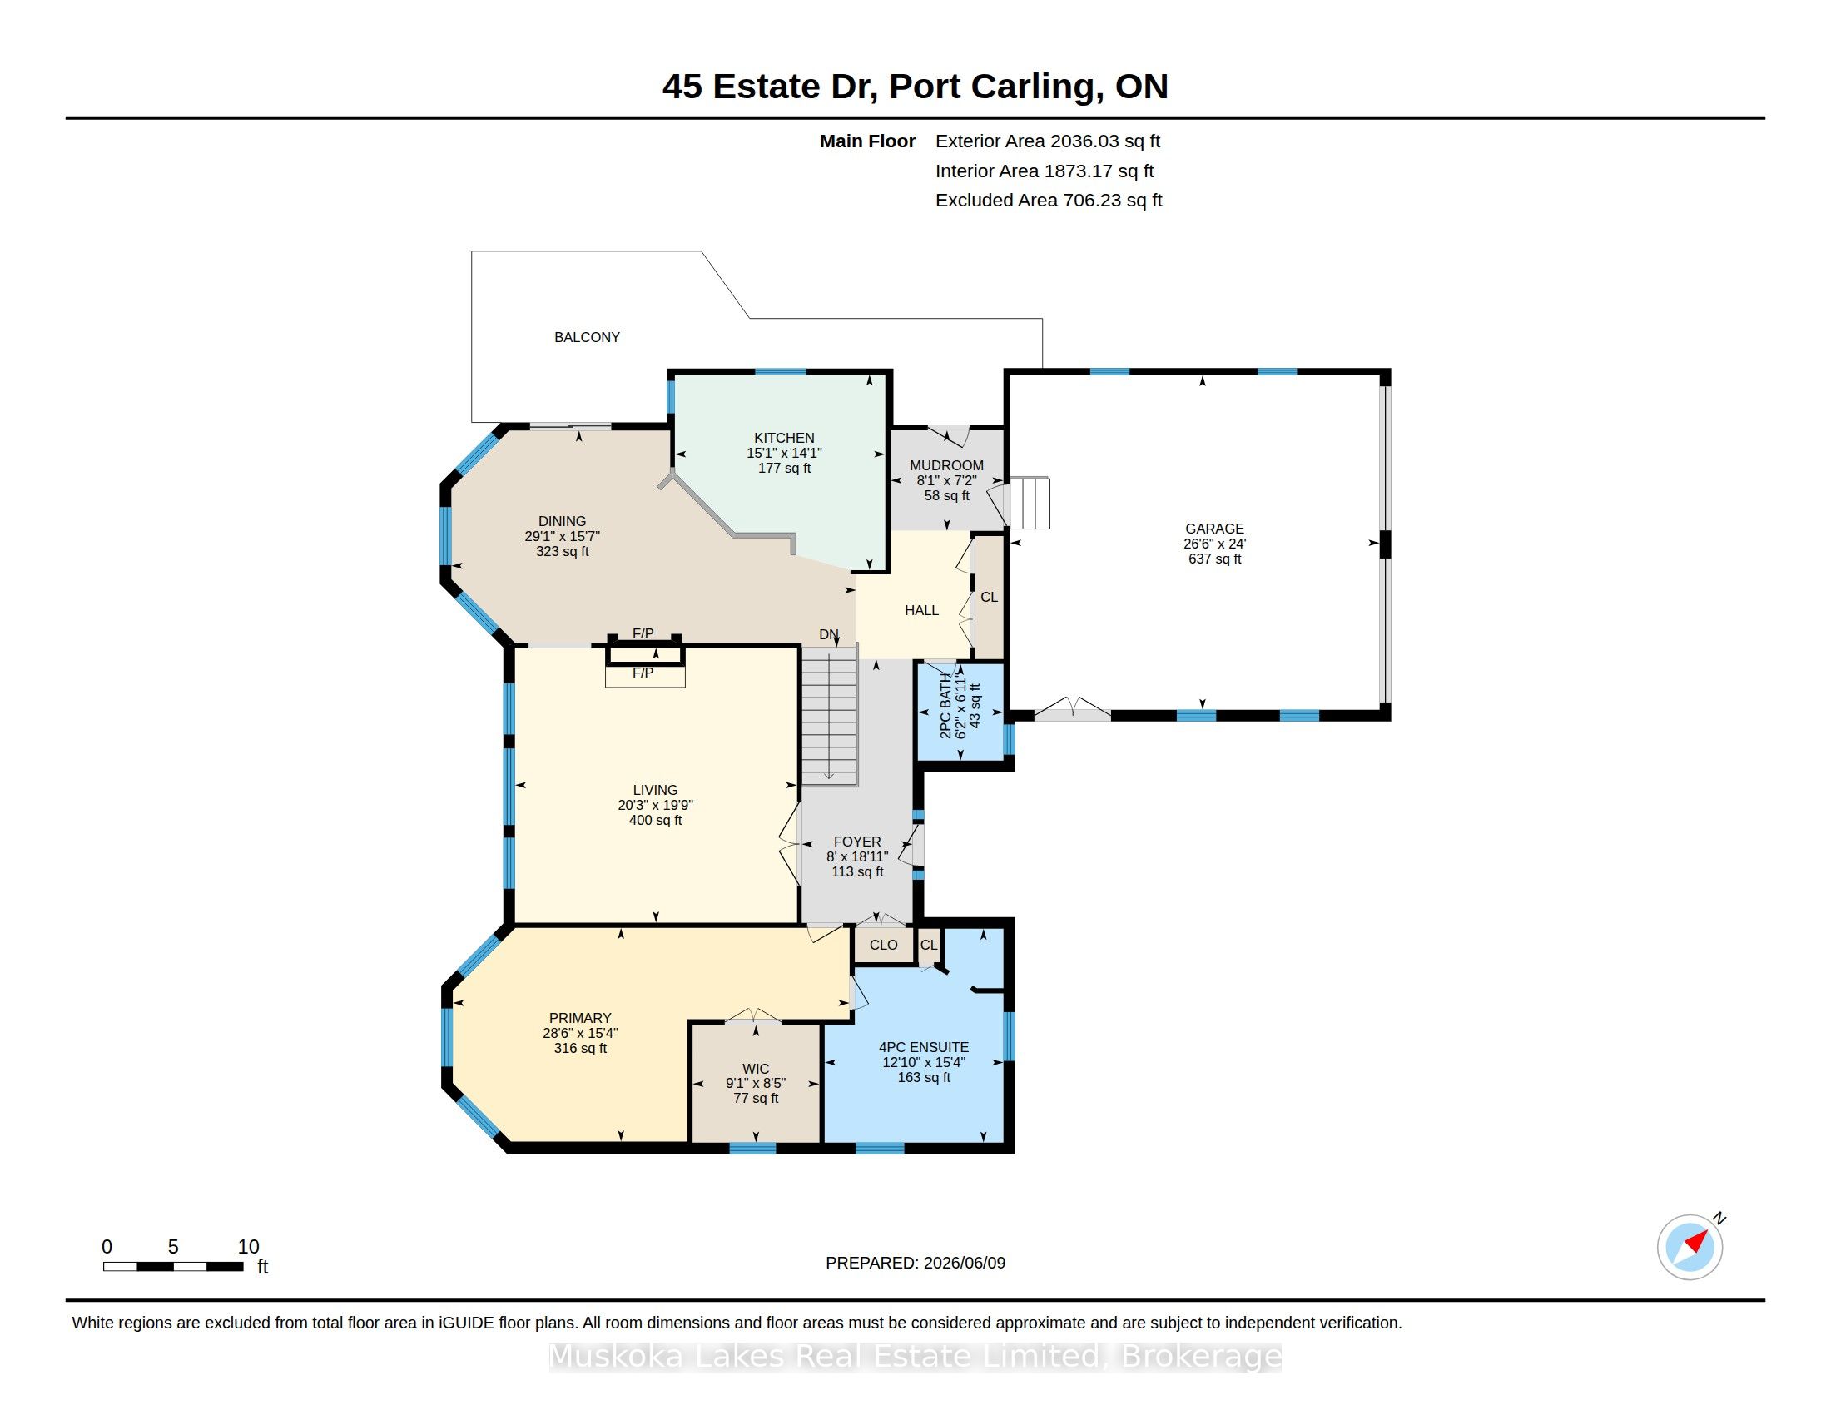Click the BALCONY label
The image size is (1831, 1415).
click(587, 337)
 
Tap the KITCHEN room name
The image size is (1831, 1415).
click(784, 438)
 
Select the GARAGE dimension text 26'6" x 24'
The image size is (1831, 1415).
click(1215, 544)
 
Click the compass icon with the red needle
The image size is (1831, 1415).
click(1690, 1247)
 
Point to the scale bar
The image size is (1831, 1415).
click(174, 1267)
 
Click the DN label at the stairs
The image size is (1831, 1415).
click(828, 634)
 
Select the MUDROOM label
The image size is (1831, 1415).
click(946, 465)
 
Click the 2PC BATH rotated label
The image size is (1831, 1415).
click(945, 705)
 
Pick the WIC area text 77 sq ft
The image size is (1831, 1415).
click(756, 1098)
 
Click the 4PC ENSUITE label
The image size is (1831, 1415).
click(924, 1047)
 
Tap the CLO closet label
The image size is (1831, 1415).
click(884, 945)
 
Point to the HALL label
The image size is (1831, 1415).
click(921, 610)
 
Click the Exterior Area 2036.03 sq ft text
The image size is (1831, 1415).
click(1048, 141)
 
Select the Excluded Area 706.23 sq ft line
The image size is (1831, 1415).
click(1049, 201)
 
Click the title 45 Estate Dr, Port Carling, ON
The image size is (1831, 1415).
click(915, 87)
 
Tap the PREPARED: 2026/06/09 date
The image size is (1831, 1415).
click(915, 1263)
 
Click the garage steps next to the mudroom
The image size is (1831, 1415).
click(1029, 503)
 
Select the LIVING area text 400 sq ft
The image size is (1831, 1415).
click(656, 820)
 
